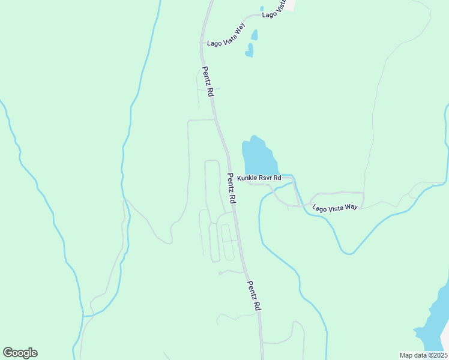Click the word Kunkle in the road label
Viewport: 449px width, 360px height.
tap(246, 178)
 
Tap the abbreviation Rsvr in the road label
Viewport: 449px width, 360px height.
tap(264, 178)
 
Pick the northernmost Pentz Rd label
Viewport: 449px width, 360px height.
tap(208, 82)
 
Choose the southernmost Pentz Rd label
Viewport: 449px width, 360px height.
tap(254, 295)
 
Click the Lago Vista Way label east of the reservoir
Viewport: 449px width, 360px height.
tap(334, 206)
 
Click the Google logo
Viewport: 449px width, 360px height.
tap(20, 353)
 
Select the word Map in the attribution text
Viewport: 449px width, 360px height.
tap(406, 355)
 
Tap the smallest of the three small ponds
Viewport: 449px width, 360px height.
tap(262, 9)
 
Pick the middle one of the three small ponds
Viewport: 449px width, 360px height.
tap(255, 35)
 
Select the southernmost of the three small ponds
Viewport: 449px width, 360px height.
tap(249, 51)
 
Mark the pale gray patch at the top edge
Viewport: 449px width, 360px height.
tap(291, 4)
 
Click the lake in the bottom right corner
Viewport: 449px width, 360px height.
tap(432, 324)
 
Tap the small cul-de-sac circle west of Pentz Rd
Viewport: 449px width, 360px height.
tap(220, 273)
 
